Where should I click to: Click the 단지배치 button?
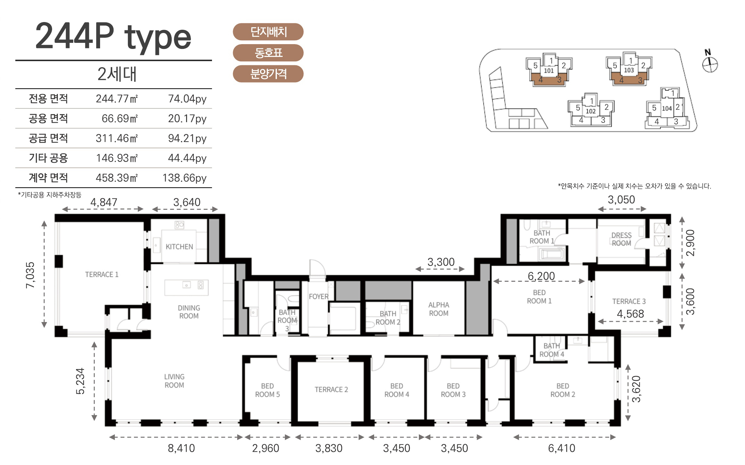(268, 32)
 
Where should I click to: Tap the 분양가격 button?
(268, 74)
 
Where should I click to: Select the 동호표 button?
(268, 53)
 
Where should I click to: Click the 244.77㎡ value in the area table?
(117, 99)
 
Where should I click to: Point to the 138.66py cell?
(184, 178)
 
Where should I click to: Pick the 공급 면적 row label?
(48, 138)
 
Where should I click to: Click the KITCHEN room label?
(179, 247)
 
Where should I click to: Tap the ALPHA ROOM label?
(439, 309)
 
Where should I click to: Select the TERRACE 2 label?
(331, 390)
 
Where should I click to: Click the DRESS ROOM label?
(621, 239)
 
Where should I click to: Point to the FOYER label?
(318, 296)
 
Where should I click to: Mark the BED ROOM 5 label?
(267, 390)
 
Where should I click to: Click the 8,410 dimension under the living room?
(181, 448)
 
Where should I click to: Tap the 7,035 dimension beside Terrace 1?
(30, 275)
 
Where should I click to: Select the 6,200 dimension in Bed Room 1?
(541, 276)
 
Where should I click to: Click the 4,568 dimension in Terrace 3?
(630, 314)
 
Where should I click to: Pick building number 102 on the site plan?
(591, 111)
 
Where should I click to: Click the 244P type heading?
(113, 37)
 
